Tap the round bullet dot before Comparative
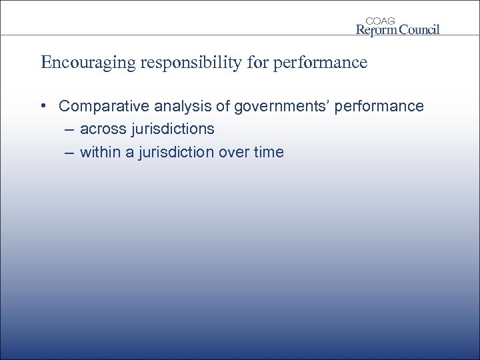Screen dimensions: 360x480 [x=43, y=106]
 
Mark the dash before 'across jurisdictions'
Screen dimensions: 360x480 [x=69, y=129]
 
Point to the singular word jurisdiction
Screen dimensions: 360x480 [x=178, y=152]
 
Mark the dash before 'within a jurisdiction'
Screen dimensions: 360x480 [x=69, y=152]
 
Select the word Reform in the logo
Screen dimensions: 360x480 [x=377, y=29]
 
